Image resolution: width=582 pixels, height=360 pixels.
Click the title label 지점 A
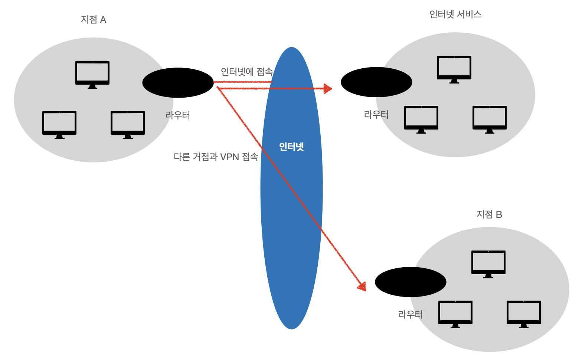(94, 20)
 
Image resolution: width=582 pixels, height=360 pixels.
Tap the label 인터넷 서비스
(455, 14)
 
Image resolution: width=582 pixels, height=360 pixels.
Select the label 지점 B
(489, 215)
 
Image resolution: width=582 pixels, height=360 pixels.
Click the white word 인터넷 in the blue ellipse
(291, 147)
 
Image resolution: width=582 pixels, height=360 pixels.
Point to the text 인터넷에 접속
(247, 72)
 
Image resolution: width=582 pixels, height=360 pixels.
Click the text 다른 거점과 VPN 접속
(216, 157)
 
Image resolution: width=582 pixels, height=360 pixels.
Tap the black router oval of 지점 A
(178, 83)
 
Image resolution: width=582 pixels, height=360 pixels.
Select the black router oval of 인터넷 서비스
(376, 82)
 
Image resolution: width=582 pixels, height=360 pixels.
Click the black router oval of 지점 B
(411, 282)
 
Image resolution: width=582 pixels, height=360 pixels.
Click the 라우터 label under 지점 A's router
(178, 115)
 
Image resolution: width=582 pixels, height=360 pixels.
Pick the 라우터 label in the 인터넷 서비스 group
(376, 115)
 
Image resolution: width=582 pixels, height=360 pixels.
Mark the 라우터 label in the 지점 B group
(411, 315)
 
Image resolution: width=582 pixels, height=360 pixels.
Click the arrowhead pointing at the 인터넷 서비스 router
(328, 88)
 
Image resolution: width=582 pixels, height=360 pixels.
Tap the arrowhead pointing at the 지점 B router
(362, 286)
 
